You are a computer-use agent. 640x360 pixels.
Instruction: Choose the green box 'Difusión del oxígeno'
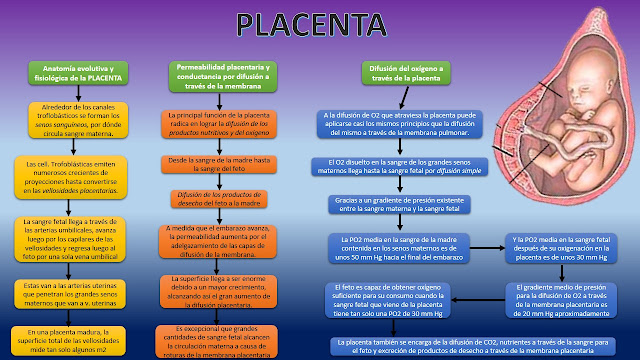(384, 74)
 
